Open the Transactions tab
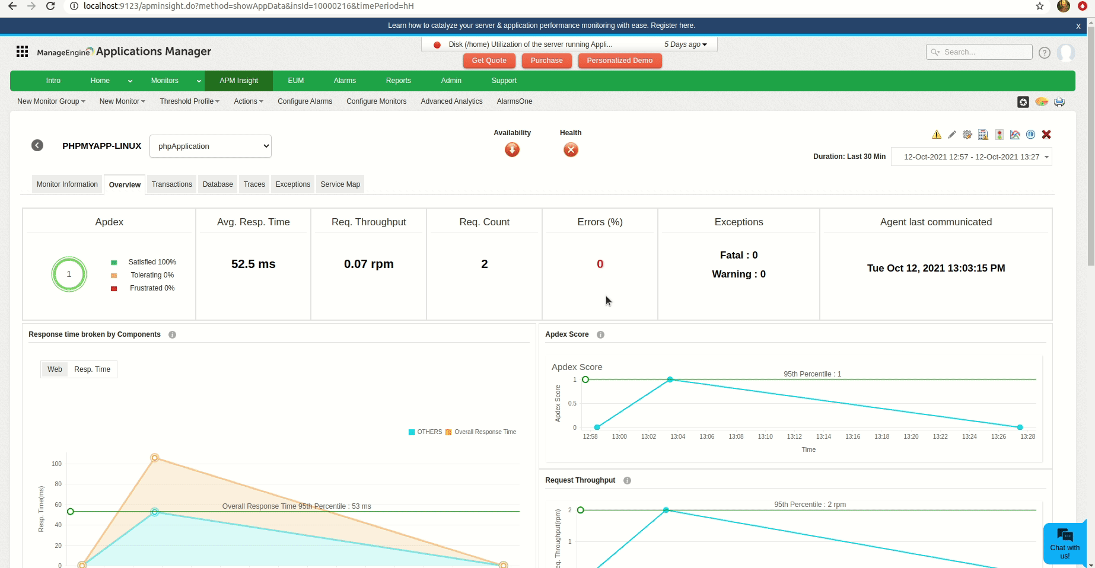tap(171, 184)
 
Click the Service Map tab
tap(340, 184)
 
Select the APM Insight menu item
tap(238, 81)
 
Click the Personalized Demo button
tap(619, 60)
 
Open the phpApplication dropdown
tap(211, 146)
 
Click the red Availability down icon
tap(512, 150)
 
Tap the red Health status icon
tap(571, 150)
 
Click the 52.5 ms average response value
tap(253, 264)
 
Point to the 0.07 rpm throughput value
tap(368, 264)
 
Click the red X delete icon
tap(1046, 135)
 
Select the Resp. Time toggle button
tap(92, 369)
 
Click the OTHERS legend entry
tap(425, 432)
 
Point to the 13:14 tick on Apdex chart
tap(823, 436)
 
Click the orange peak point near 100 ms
tap(155, 458)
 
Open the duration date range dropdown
tap(971, 157)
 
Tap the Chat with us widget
tap(1065, 544)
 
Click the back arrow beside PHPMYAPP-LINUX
tap(37, 146)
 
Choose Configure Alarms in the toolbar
tap(305, 101)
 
